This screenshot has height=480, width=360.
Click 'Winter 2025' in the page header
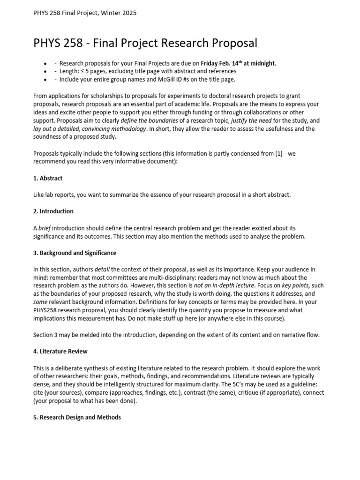pos(120,13)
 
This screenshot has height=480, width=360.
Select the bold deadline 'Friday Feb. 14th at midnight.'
pos(239,63)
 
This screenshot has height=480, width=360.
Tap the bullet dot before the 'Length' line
pos(45,71)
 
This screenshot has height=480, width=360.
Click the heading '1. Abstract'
pos(48,178)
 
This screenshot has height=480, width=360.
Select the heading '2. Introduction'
pos(53,211)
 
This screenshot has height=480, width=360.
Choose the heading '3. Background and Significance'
pos(75,253)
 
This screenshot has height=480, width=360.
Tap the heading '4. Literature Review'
pos(60,351)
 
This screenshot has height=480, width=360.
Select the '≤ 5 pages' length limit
pos(93,71)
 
